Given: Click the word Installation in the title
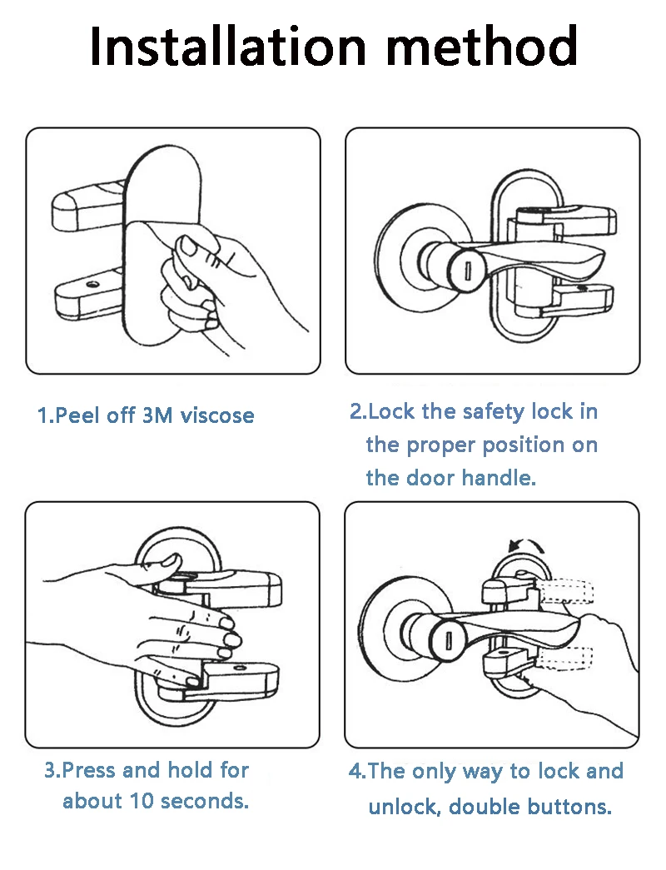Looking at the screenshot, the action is [x=228, y=46].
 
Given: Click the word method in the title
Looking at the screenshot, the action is [x=482, y=46].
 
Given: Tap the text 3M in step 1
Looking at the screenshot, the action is [x=157, y=415].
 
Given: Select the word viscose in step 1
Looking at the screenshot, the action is [x=217, y=415].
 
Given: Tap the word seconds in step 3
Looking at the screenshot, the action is [x=203, y=801].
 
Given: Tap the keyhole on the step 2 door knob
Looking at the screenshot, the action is [x=467, y=272].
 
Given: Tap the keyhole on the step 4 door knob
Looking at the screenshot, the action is [x=449, y=640].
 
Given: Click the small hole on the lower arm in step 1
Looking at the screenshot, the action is [x=92, y=286].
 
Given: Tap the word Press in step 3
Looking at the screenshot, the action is [x=87, y=770].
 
